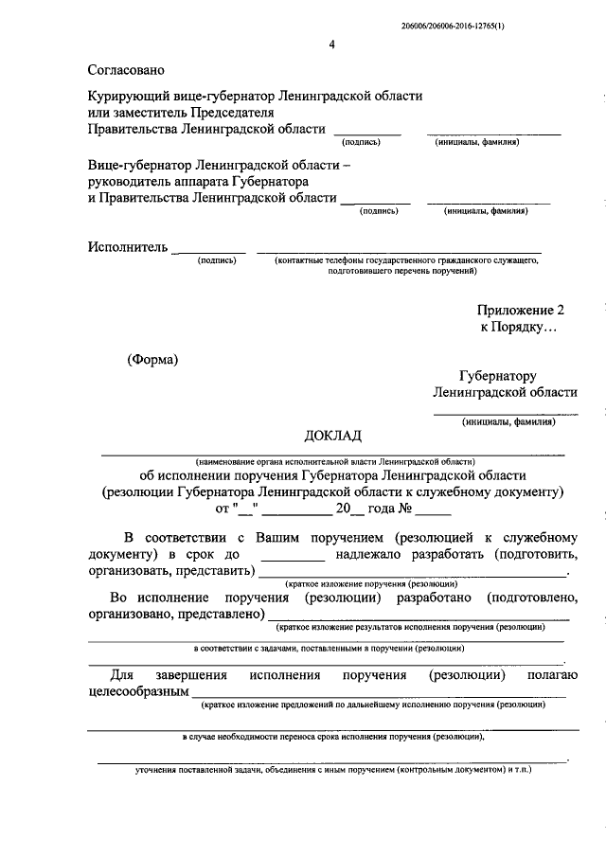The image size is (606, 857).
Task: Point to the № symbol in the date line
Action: coord(405,508)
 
